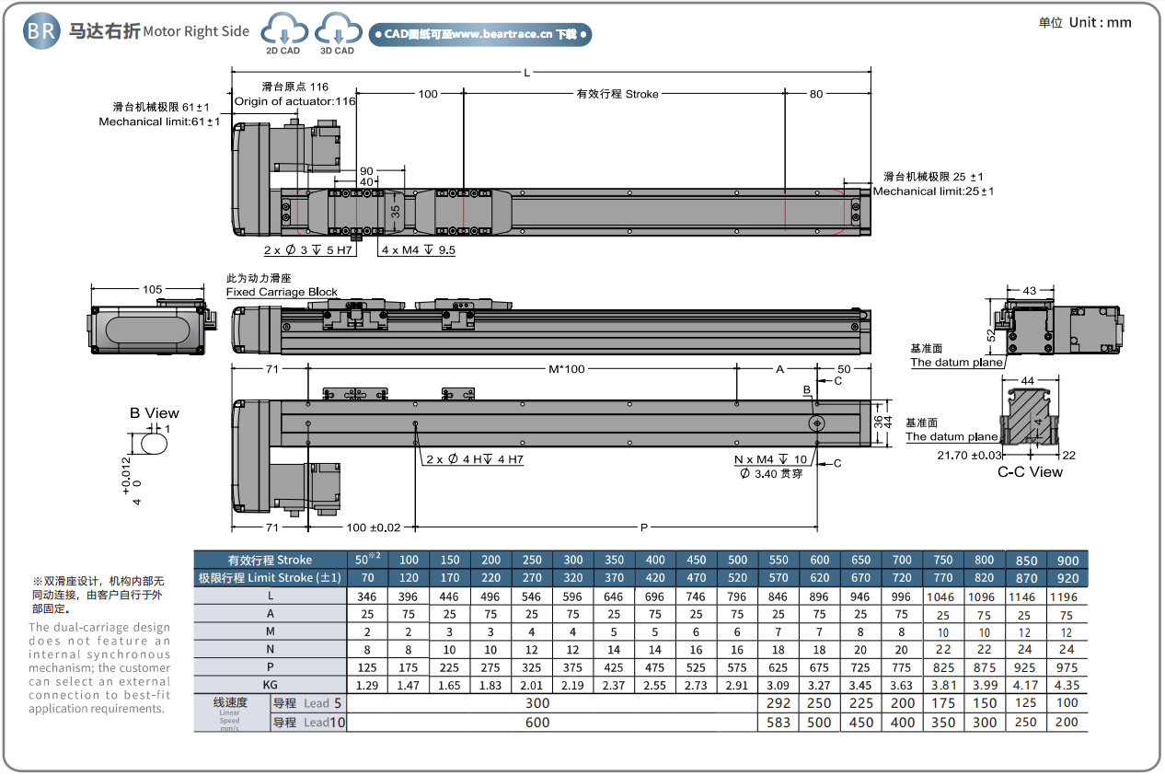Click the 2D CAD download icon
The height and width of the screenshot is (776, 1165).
click(x=283, y=33)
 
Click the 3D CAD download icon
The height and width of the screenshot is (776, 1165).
click(x=338, y=33)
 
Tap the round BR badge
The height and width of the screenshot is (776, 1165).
click(x=41, y=31)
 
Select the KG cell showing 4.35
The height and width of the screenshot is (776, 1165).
click(x=1067, y=685)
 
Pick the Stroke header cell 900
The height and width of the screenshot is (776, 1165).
click(x=1067, y=560)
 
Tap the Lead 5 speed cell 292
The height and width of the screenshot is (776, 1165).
click(x=779, y=703)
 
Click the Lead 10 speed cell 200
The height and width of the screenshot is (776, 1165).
click(x=1067, y=723)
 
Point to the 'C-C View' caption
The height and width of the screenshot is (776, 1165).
click(x=1030, y=472)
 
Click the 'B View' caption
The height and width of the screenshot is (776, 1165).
click(x=155, y=413)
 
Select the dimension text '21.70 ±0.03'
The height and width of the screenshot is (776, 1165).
click(x=970, y=455)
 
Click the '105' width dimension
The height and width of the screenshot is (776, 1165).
click(x=153, y=290)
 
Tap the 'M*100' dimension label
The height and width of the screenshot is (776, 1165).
click(x=567, y=369)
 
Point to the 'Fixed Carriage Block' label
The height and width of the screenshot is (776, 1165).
click(x=282, y=292)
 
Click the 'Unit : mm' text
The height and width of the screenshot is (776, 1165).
click(x=1097, y=22)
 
